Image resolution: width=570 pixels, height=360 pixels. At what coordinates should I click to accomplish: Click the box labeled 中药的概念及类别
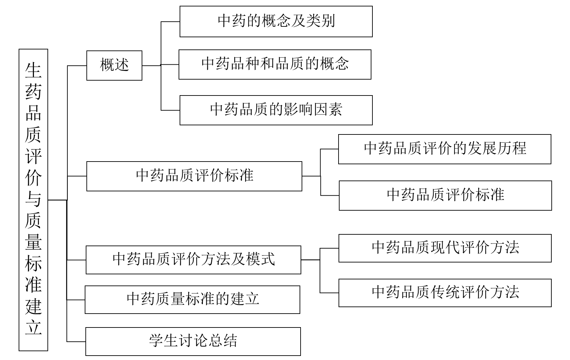(x=276, y=21)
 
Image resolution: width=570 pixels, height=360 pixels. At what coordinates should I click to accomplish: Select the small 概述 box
(x=114, y=65)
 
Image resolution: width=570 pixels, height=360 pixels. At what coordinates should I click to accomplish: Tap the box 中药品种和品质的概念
(x=275, y=64)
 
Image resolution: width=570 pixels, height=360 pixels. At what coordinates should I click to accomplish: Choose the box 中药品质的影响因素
(x=276, y=110)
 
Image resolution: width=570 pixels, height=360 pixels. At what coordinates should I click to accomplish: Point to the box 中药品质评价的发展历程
(x=445, y=149)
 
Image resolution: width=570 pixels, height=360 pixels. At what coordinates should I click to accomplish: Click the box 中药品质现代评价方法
(x=445, y=248)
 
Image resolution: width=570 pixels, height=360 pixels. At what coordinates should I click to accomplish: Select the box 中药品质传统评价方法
(x=445, y=293)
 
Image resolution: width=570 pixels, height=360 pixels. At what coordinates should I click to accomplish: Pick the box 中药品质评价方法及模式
(x=193, y=260)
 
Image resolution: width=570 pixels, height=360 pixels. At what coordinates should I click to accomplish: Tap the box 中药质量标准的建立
(x=192, y=299)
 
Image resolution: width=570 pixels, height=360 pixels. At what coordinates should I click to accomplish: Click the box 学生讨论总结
(x=193, y=341)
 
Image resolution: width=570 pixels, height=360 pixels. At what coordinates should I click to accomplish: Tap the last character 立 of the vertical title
(x=33, y=327)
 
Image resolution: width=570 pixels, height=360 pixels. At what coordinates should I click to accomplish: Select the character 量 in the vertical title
(x=33, y=241)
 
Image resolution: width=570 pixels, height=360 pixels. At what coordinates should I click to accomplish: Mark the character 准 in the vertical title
(x=33, y=284)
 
